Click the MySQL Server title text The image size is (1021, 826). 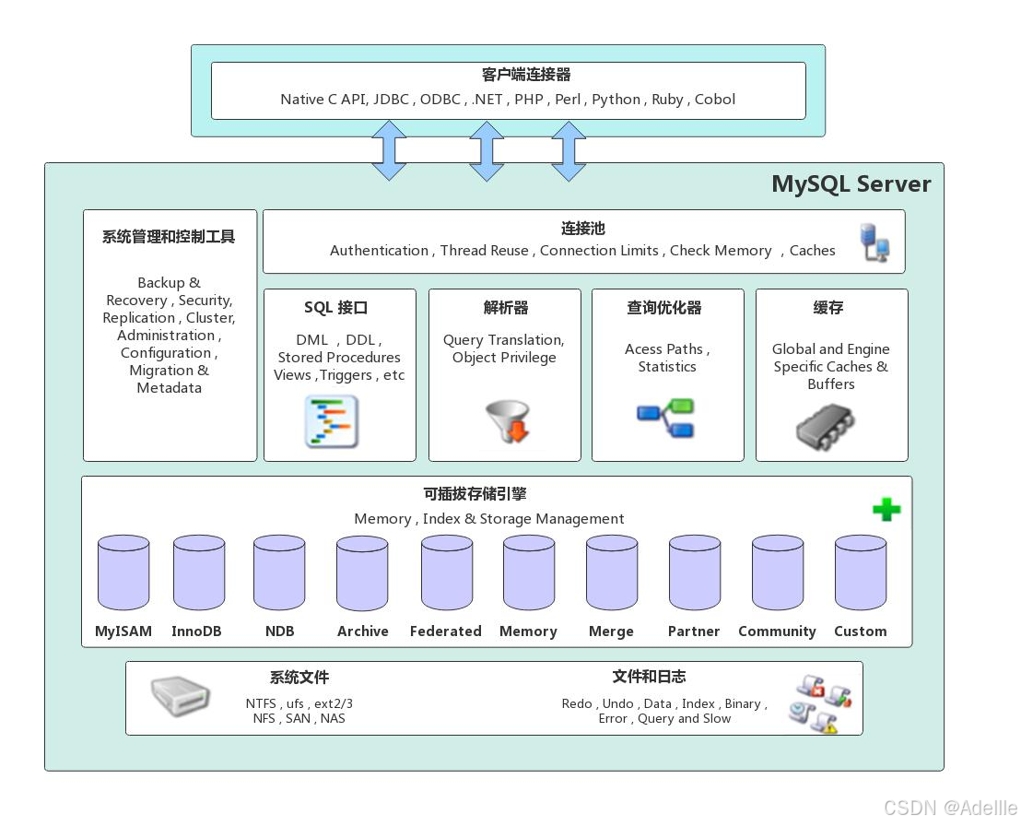(851, 183)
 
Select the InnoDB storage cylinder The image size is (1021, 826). (199, 572)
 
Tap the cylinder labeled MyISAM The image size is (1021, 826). (123, 572)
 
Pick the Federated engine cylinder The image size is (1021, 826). (447, 572)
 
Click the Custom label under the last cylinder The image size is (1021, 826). (860, 631)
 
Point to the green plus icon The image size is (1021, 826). (886, 510)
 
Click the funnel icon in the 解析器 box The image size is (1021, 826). (507, 421)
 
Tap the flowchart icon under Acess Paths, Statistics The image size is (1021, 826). (666, 418)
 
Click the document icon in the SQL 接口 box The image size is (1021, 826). (332, 421)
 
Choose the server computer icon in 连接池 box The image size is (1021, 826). (874, 242)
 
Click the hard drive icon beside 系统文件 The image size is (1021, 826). (181, 696)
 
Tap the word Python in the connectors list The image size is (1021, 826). (616, 100)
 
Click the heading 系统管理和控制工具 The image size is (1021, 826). (169, 237)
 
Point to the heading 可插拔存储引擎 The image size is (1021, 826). (475, 494)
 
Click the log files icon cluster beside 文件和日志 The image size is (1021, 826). (819, 703)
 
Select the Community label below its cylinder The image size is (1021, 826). (777, 631)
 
